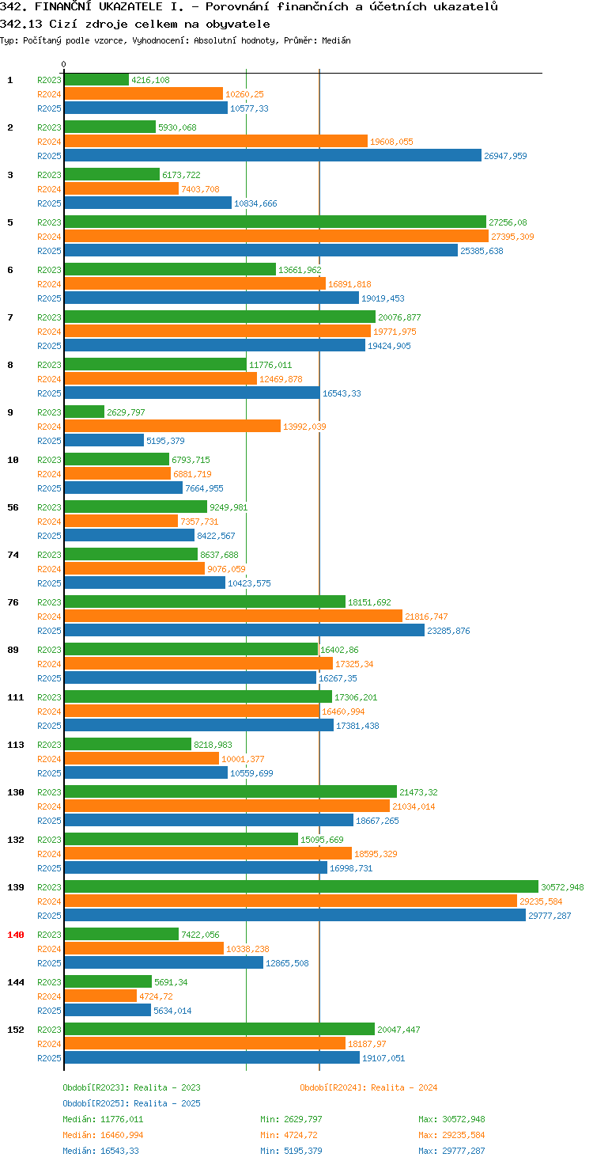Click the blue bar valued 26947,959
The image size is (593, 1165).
point(273,155)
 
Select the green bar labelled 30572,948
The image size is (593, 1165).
point(301,886)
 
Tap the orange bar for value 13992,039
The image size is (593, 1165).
point(172,426)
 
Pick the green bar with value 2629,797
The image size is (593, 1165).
point(84,412)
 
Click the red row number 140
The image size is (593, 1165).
point(16,935)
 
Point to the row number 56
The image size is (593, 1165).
point(13,507)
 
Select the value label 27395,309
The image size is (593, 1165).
point(512,237)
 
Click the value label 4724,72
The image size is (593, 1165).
point(156,996)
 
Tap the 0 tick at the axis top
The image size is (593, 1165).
point(63,64)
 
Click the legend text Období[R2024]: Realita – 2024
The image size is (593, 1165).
point(368,1087)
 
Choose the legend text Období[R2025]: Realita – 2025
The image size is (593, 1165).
point(131,1103)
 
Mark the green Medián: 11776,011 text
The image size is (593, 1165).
point(103,1119)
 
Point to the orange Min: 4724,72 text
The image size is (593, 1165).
point(289,1135)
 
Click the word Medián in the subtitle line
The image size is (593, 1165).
point(336,40)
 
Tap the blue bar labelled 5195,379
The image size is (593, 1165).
point(104,440)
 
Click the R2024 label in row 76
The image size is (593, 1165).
point(49,617)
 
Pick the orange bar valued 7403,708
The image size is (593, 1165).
point(122,189)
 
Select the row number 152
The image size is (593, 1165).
point(16,1029)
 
